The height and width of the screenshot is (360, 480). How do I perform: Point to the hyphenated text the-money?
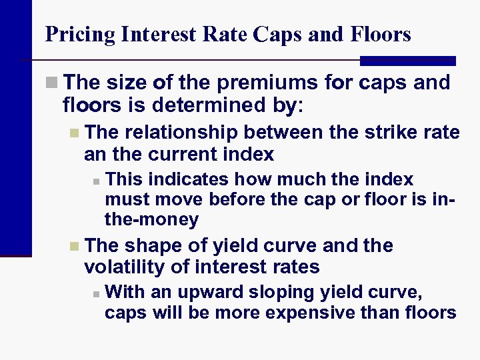(x=151, y=219)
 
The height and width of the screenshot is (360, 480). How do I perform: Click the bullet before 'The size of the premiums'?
(x=53, y=84)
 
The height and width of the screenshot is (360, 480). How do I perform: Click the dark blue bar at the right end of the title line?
(x=407, y=61)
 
